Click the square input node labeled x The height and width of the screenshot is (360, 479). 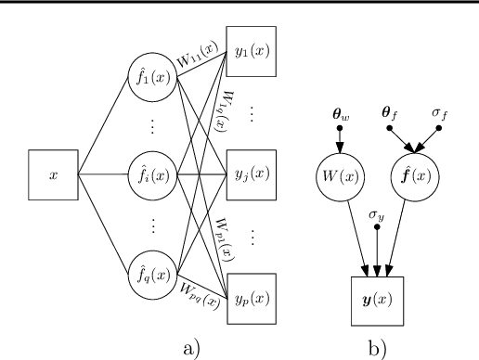[x=53, y=174]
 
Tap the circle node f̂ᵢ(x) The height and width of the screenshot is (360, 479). [x=152, y=174]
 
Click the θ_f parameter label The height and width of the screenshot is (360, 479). [x=390, y=113]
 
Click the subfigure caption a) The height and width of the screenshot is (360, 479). [x=190, y=348]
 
